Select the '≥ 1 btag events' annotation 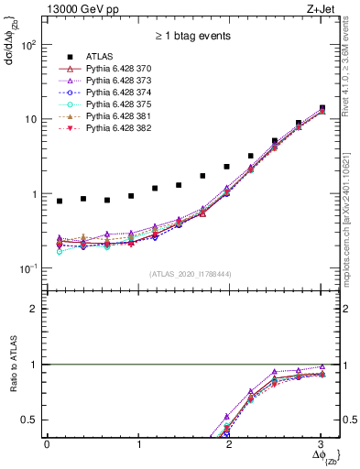[191, 37]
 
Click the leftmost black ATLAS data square [60, 201]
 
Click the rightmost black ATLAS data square [322, 108]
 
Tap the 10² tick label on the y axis [28, 44]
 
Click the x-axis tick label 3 [322, 444]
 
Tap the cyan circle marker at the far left [60, 250]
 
